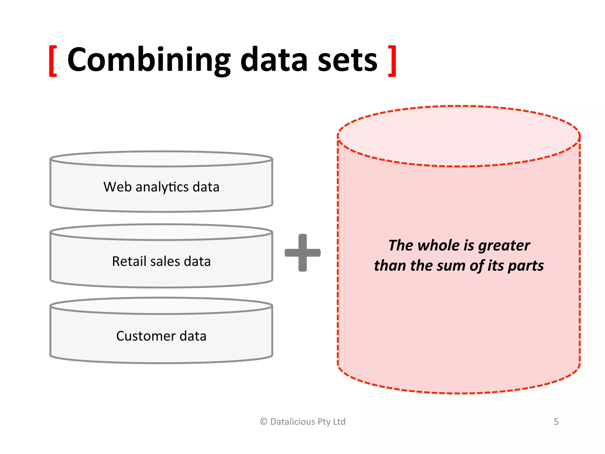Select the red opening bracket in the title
[x=53, y=61]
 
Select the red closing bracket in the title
[x=392, y=61]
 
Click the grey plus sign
[x=302, y=253]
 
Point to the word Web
[x=117, y=187]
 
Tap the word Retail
[x=129, y=262]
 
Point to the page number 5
[x=556, y=421]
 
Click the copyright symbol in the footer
[x=264, y=421]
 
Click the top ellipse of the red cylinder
[x=458, y=136]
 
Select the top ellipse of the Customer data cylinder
[x=161, y=306]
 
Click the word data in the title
[x=274, y=60]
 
